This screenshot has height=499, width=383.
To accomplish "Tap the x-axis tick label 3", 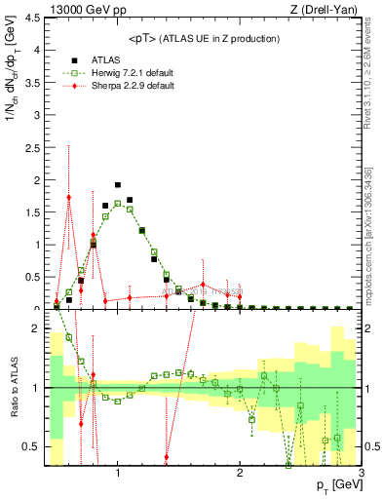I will click(x=362, y=474).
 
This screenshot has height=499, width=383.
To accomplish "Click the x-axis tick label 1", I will click(x=118, y=474).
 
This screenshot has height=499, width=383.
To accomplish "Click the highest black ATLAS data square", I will click(x=118, y=184).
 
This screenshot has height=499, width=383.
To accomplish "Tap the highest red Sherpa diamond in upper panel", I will click(x=69, y=197).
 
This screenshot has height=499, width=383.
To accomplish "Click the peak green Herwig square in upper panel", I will click(x=118, y=203).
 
